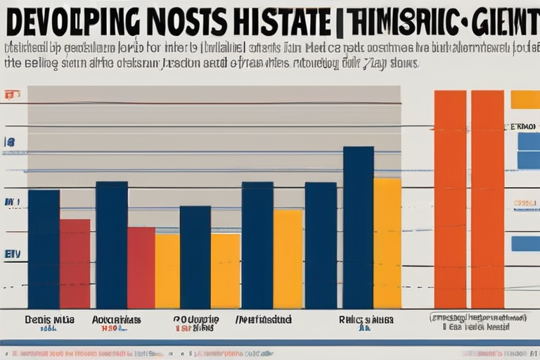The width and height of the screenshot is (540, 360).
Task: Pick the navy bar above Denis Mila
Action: [44, 249]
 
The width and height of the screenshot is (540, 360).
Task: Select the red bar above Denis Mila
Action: [75, 263]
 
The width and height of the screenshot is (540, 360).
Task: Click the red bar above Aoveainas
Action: [141, 267]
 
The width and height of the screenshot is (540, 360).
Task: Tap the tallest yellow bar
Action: [387, 243]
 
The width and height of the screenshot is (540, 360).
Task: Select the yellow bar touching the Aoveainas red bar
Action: [167, 271]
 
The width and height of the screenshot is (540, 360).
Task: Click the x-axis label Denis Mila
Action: [49, 319]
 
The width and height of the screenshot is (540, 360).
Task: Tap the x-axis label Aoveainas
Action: [116, 319]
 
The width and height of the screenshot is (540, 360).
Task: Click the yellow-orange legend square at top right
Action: [525, 99]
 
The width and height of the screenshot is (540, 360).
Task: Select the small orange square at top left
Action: [9, 94]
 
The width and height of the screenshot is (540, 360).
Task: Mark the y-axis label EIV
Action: [12, 254]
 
